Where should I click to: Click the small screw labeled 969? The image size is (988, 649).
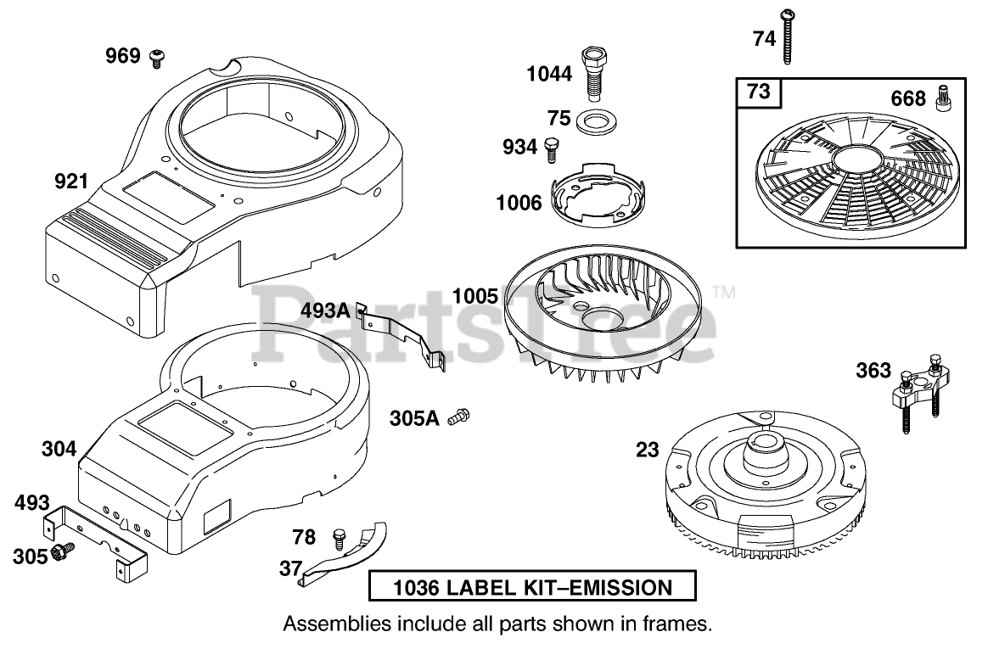pos(156,58)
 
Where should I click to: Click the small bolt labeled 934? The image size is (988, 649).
pos(552,148)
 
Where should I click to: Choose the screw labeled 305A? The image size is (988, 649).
pos(459,416)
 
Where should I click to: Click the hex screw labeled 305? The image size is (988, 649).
pos(61,554)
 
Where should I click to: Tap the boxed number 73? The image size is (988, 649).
pos(758,91)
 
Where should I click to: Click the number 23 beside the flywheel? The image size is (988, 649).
pos(648,450)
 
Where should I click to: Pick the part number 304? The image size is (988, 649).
pos(59,449)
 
